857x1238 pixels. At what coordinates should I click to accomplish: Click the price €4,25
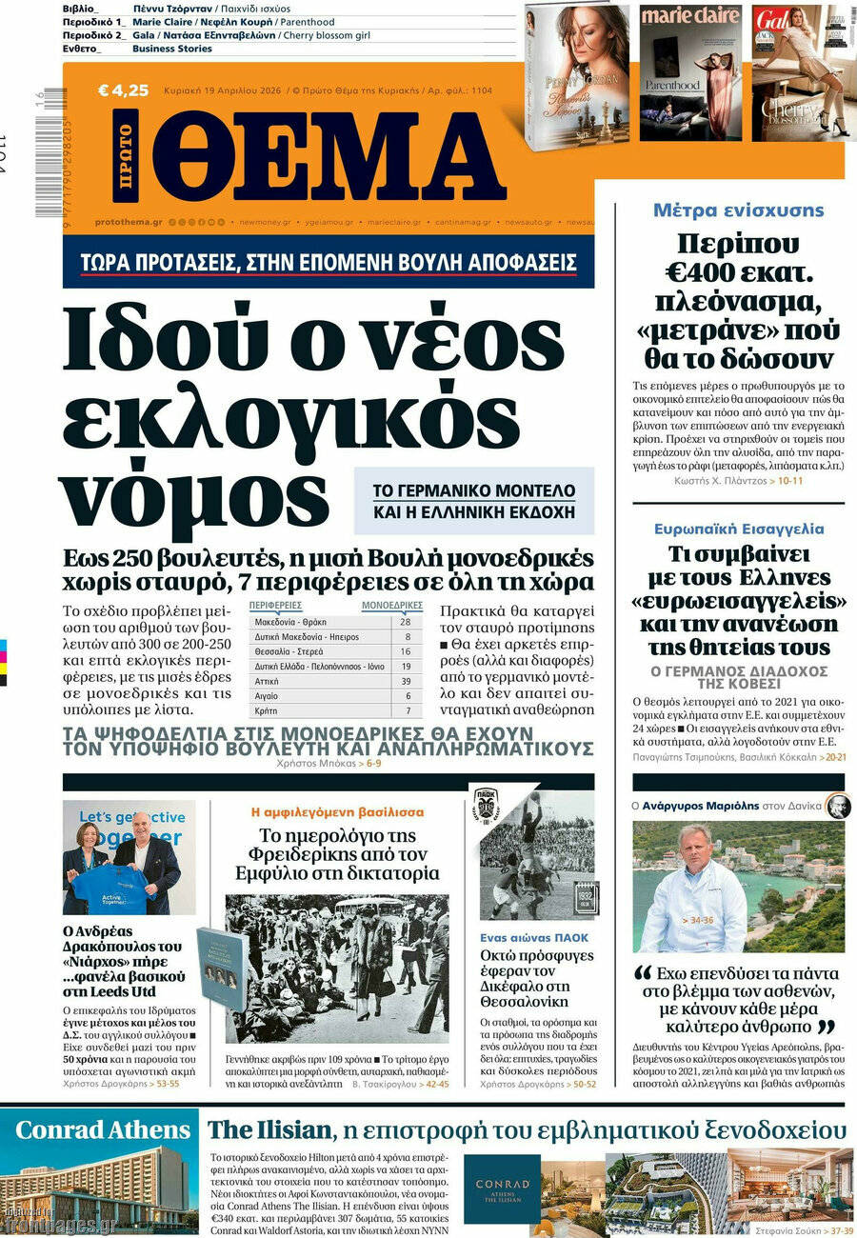[x=124, y=91]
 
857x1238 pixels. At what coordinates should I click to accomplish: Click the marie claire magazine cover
[x=690, y=71]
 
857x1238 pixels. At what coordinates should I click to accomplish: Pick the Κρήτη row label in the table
[x=268, y=711]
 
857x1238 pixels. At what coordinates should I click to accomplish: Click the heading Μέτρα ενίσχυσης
[x=738, y=210]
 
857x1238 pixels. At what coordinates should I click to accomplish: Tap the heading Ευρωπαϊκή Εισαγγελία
[x=739, y=529]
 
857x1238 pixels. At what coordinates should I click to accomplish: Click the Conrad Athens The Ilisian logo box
[x=501, y=1191]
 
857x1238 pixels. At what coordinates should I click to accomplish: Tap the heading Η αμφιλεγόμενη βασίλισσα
[x=337, y=812]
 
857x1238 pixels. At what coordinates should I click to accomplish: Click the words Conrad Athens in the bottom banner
[x=103, y=1130]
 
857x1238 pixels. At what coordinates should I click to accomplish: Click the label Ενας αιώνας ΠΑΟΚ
[x=533, y=938]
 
